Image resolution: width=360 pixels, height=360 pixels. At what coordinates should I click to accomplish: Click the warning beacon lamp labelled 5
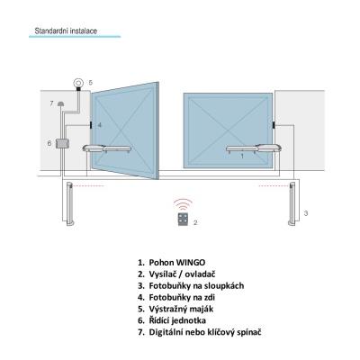(78, 83)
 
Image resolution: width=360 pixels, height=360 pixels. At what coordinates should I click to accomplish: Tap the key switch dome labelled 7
(61, 103)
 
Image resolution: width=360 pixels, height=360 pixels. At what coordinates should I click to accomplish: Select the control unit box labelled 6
(63, 143)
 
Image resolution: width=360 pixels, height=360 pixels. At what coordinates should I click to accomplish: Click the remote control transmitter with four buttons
(183, 219)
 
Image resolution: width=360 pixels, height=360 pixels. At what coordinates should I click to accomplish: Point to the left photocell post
(69, 203)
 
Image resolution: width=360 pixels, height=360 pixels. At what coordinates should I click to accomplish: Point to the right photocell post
(292, 203)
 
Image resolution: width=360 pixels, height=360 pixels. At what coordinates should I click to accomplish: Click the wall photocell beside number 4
(91, 125)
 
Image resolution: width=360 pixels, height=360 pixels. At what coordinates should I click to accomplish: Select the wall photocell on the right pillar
(274, 125)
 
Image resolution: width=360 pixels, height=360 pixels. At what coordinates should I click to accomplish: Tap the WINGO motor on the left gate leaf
(107, 148)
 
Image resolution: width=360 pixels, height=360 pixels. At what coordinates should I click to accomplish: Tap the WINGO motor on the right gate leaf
(254, 148)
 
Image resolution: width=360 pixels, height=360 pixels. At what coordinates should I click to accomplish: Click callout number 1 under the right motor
(242, 156)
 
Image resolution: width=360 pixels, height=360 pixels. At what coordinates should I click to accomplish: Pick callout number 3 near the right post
(306, 213)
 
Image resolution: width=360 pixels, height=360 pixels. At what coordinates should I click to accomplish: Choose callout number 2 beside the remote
(195, 222)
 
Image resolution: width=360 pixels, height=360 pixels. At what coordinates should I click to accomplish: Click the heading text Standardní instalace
(66, 31)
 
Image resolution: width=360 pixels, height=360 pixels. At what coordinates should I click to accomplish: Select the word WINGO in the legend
(191, 263)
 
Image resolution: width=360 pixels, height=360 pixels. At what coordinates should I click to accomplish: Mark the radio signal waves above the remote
(183, 204)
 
